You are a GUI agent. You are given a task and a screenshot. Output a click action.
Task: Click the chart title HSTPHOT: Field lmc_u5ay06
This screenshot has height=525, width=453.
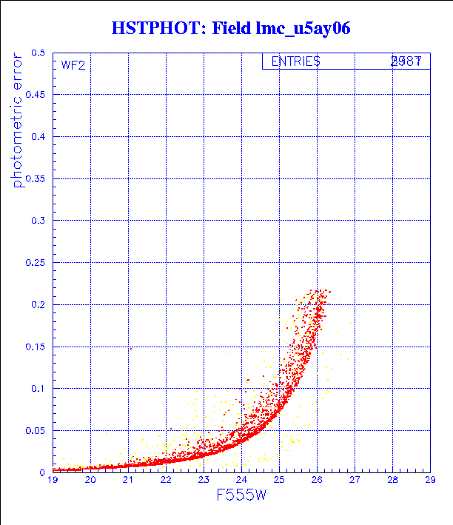230,28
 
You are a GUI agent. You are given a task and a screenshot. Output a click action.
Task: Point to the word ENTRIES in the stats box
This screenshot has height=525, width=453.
295,62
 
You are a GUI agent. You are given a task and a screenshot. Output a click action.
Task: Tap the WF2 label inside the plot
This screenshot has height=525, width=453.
73,65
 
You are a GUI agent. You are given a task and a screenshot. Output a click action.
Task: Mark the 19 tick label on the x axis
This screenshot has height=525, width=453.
53,481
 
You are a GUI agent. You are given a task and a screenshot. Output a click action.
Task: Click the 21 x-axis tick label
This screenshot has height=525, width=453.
128,481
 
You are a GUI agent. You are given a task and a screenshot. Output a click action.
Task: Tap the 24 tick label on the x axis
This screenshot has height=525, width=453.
241,481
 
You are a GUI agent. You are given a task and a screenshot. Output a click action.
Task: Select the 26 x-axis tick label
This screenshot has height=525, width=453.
316,481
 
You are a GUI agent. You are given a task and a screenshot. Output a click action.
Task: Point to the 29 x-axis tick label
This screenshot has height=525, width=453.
429,481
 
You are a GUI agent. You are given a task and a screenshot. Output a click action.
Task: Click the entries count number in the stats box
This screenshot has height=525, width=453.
406,62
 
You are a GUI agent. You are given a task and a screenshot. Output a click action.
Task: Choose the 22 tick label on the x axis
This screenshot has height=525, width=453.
166,481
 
